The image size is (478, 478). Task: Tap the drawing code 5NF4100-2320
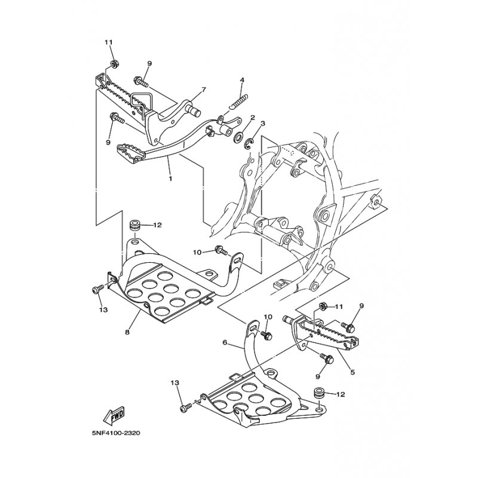[x=117, y=433]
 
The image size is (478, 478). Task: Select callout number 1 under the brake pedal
[x=170, y=178]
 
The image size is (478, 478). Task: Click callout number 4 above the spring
[x=242, y=80]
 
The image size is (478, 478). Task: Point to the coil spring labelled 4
[x=240, y=102]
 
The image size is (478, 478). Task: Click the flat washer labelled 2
[x=238, y=137]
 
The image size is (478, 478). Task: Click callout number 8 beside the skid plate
[x=127, y=332]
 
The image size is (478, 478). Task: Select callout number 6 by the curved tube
[x=225, y=342]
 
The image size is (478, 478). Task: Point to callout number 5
[x=353, y=372]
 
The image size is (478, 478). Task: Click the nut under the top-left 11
[x=114, y=65]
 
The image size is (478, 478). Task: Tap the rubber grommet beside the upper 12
[x=135, y=225]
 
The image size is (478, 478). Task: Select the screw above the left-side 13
[x=98, y=289]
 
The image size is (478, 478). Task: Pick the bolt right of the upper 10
[x=221, y=250]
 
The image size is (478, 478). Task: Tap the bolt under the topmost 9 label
[x=141, y=81]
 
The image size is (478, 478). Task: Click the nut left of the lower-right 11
[x=321, y=305]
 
